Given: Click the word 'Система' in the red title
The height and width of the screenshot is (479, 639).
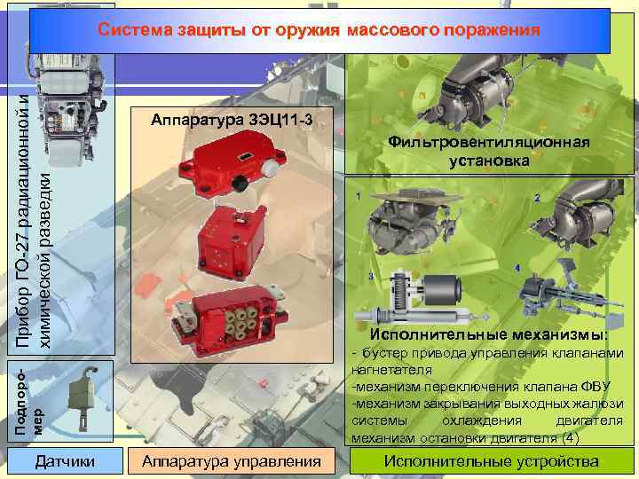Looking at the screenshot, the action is pyautogui.click(x=135, y=30).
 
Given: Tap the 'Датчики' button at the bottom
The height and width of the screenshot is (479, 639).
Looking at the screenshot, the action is pyautogui.click(x=65, y=461).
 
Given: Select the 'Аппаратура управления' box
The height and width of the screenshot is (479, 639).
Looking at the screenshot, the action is pyautogui.click(x=232, y=461).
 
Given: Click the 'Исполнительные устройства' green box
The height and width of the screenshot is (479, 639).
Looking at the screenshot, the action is pyautogui.click(x=492, y=461).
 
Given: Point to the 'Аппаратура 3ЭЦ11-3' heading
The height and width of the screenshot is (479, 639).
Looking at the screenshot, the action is pyautogui.click(x=232, y=120).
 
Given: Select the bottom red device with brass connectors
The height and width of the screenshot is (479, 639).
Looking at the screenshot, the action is pyautogui.click(x=228, y=319).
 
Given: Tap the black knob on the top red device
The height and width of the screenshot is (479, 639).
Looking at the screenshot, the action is pyautogui.click(x=241, y=185).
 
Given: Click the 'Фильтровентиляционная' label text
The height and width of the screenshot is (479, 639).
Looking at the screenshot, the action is pyautogui.click(x=489, y=142).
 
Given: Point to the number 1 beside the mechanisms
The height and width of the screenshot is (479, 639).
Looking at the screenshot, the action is pyautogui.click(x=359, y=197).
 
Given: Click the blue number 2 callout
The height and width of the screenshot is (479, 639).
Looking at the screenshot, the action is pyautogui.click(x=537, y=199).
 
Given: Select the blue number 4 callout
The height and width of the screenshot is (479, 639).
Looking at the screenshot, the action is pyautogui.click(x=517, y=268).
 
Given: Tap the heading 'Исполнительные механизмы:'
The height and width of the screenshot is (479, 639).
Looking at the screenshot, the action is pyautogui.click(x=489, y=334).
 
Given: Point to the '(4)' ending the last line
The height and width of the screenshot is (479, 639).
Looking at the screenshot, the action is pyautogui.click(x=571, y=438).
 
